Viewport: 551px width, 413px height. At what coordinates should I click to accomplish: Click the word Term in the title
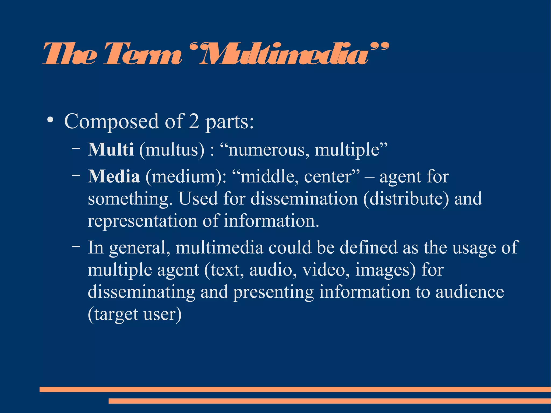click(143, 55)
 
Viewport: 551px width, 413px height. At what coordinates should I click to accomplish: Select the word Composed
click(111, 122)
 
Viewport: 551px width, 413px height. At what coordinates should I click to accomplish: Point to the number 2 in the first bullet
click(194, 121)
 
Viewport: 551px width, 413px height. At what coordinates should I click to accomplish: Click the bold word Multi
click(111, 149)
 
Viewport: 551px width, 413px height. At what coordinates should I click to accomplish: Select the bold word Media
click(114, 177)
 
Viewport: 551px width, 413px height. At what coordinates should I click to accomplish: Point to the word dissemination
click(304, 199)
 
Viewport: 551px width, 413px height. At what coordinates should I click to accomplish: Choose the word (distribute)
click(406, 199)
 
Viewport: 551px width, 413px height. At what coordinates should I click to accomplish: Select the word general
click(140, 248)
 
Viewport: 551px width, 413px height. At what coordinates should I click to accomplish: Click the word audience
click(469, 292)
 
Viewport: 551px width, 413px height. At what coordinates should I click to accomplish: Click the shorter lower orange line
click(330, 401)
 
